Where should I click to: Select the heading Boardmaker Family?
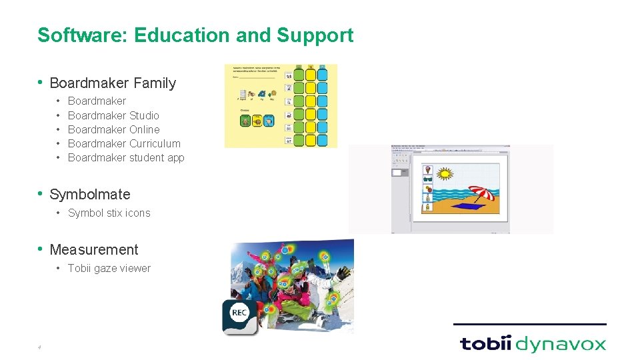click(x=113, y=83)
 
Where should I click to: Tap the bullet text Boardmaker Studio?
click(x=113, y=115)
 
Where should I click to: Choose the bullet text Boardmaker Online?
click(x=114, y=129)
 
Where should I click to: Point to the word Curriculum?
click(x=155, y=143)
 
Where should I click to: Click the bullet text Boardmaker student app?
click(x=126, y=157)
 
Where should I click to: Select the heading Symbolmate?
click(x=90, y=195)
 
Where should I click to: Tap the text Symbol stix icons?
click(x=109, y=213)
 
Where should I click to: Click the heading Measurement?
click(x=94, y=250)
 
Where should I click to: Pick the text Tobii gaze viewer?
click(x=109, y=269)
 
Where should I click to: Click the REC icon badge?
click(x=239, y=313)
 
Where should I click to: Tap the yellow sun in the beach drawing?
click(x=445, y=175)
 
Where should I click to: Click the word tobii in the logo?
click(x=485, y=344)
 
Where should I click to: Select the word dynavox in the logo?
click(x=561, y=345)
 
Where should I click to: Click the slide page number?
click(x=39, y=347)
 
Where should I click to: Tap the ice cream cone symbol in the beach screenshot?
click(x=427, y=170)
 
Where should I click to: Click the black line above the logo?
click(x=529, y=325)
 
